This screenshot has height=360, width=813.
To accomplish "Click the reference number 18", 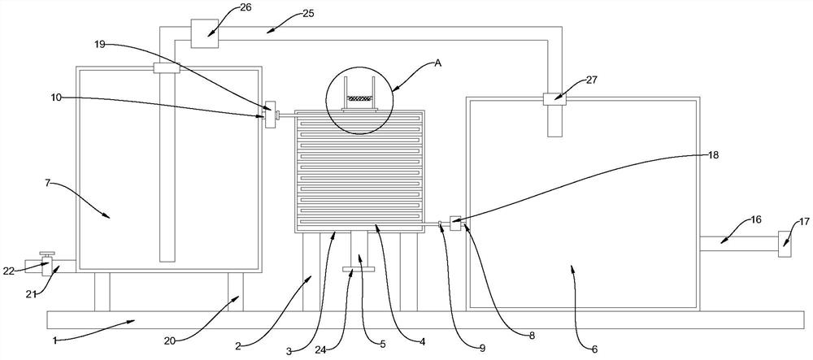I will click(x=713, y=154).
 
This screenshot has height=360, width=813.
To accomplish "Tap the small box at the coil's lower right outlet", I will click(x=455, y=222).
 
